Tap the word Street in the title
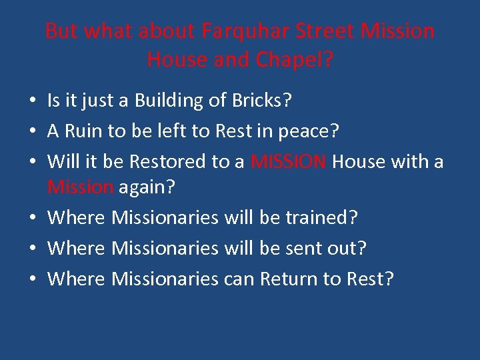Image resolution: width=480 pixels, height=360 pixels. point(325,31)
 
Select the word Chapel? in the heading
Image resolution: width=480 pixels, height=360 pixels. point(293,60)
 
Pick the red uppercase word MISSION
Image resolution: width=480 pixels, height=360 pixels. point(289,162)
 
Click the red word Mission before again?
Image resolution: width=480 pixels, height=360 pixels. point(80,187)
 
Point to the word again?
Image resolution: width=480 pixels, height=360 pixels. point(147,187)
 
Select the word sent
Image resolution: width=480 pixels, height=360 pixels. point(303,248)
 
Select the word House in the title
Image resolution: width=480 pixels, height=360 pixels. point(173,60)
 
